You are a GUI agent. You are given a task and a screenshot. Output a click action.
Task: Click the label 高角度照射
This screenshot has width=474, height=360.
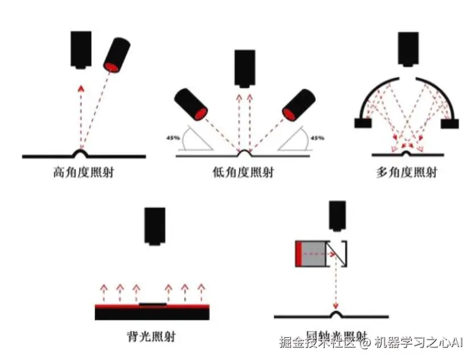pos(83,172)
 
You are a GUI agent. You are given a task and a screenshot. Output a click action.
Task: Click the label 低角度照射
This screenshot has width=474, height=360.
pos(244,172)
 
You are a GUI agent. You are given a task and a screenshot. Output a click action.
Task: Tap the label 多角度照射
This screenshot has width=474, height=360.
pos(406,172)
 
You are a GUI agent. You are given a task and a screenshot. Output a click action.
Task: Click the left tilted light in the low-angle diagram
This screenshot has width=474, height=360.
pos(191,104)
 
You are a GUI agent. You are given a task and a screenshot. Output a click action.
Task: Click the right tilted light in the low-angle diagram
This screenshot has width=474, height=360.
pos(298,105)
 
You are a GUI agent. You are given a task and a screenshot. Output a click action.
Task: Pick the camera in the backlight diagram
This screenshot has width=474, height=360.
pos(155,226)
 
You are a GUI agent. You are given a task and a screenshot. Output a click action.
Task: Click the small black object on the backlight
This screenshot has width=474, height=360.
pos(153,304)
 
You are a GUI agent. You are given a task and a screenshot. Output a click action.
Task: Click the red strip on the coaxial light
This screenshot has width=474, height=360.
pos(298,254)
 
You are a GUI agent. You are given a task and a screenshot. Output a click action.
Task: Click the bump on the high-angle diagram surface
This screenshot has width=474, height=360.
pos(83,152)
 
